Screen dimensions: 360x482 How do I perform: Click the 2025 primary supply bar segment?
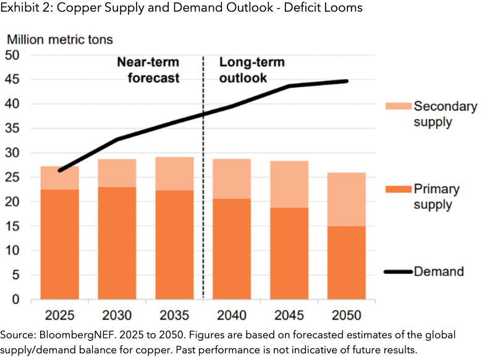(x=59, y=245)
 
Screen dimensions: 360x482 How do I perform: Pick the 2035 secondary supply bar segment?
(x=174, y=174)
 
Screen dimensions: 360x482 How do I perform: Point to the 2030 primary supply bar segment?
(x=117, y=243)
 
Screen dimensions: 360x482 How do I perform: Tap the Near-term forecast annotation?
(x=148, y=70)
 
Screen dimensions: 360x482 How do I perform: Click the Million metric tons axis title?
(x=60, y=40)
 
